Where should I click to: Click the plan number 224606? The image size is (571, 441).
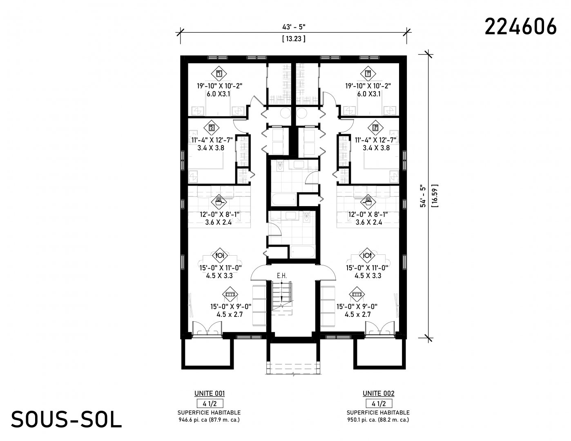pyautogui.click(x=520, y=27)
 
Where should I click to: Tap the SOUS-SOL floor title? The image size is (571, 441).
pyautogui.click(x=66, y=419)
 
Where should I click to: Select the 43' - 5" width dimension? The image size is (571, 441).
pyautogui.click(x=294, y=27)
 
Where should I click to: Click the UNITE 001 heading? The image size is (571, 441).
pyautogui.click(x=210, y=393)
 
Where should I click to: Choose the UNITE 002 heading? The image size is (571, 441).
pyautogui.click(x=378, y=393)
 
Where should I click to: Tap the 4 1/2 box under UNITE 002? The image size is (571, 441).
pyautogui.click(x=379, y=403)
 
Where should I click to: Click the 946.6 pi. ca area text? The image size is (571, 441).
pyautogui.click(x=194, y=420)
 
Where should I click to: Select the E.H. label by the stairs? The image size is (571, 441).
pyautogui.click(x=282, y=276)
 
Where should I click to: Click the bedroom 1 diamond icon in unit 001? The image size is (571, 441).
pyautogui.click(x=219, y=74)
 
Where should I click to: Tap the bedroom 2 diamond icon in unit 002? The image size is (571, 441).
pyautogui.click(x=375, y=128)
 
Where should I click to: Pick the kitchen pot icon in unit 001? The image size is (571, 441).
pyautogui.click(x=219, y=202)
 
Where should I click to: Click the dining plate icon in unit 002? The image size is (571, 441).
pyautogui.click(x=367, y=255)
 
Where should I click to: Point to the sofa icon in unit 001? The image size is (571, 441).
pyautogui.click(x=230, y=294)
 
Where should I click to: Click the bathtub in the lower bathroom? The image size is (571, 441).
pyautogui.click(x=302, y=252)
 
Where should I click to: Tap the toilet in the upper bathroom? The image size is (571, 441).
pyautogui.click(x=280, y=166)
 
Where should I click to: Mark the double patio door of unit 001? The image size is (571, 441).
pyautogui.click(x=207, y=329)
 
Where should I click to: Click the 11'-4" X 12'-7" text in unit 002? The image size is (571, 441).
pyautogui.click(x=375, y=140)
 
